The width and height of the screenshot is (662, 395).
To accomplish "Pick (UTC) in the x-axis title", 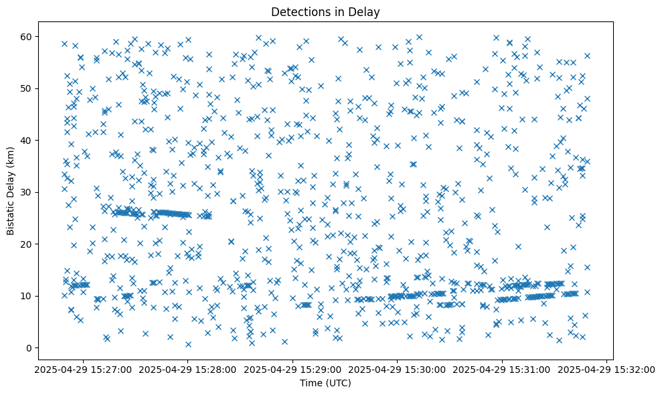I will (337, 383).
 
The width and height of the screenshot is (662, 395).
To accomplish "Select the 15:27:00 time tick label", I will (84, 369).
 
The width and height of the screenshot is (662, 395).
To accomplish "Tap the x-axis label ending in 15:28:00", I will (188, 369).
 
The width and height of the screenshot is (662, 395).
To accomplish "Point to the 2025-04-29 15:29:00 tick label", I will (293, 369).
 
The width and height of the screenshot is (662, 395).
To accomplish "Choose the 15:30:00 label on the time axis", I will (398, 369).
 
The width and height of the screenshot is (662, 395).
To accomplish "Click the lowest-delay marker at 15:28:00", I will (188, 344).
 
